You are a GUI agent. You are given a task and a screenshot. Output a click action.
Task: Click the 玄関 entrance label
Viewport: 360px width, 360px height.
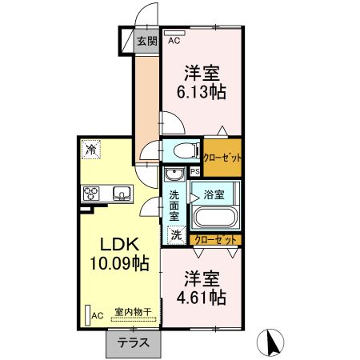click(145, 42)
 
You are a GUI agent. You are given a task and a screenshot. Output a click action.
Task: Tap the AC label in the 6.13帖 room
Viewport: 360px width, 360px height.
click(174, 36)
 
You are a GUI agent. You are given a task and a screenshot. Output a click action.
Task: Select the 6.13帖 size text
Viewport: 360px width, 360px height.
click(201, 91)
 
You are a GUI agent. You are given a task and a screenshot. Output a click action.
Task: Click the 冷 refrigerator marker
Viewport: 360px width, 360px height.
click(91, 150)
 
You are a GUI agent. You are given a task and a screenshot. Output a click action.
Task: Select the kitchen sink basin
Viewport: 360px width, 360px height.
click(122, 193)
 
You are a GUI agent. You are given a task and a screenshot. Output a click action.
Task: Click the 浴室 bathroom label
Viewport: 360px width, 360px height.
click(213, 194)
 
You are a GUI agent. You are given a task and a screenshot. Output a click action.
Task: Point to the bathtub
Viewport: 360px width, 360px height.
click(214, 217)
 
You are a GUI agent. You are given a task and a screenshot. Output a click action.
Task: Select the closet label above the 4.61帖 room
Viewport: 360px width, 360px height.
click(216, 240)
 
